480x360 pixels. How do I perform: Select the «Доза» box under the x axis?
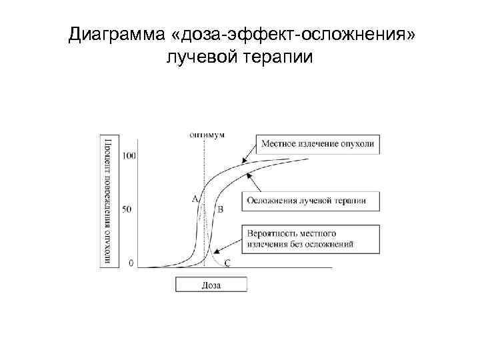211,285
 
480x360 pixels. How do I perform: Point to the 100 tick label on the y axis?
129,155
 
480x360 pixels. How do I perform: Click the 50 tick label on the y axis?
127,209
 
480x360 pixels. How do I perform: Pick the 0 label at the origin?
131,263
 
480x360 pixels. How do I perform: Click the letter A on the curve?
195,198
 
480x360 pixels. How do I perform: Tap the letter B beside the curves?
220,209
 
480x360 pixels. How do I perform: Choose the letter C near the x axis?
227,263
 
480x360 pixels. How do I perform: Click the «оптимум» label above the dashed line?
207,134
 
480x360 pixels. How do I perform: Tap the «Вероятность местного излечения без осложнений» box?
311,239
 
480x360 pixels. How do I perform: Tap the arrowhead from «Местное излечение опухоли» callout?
244,163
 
